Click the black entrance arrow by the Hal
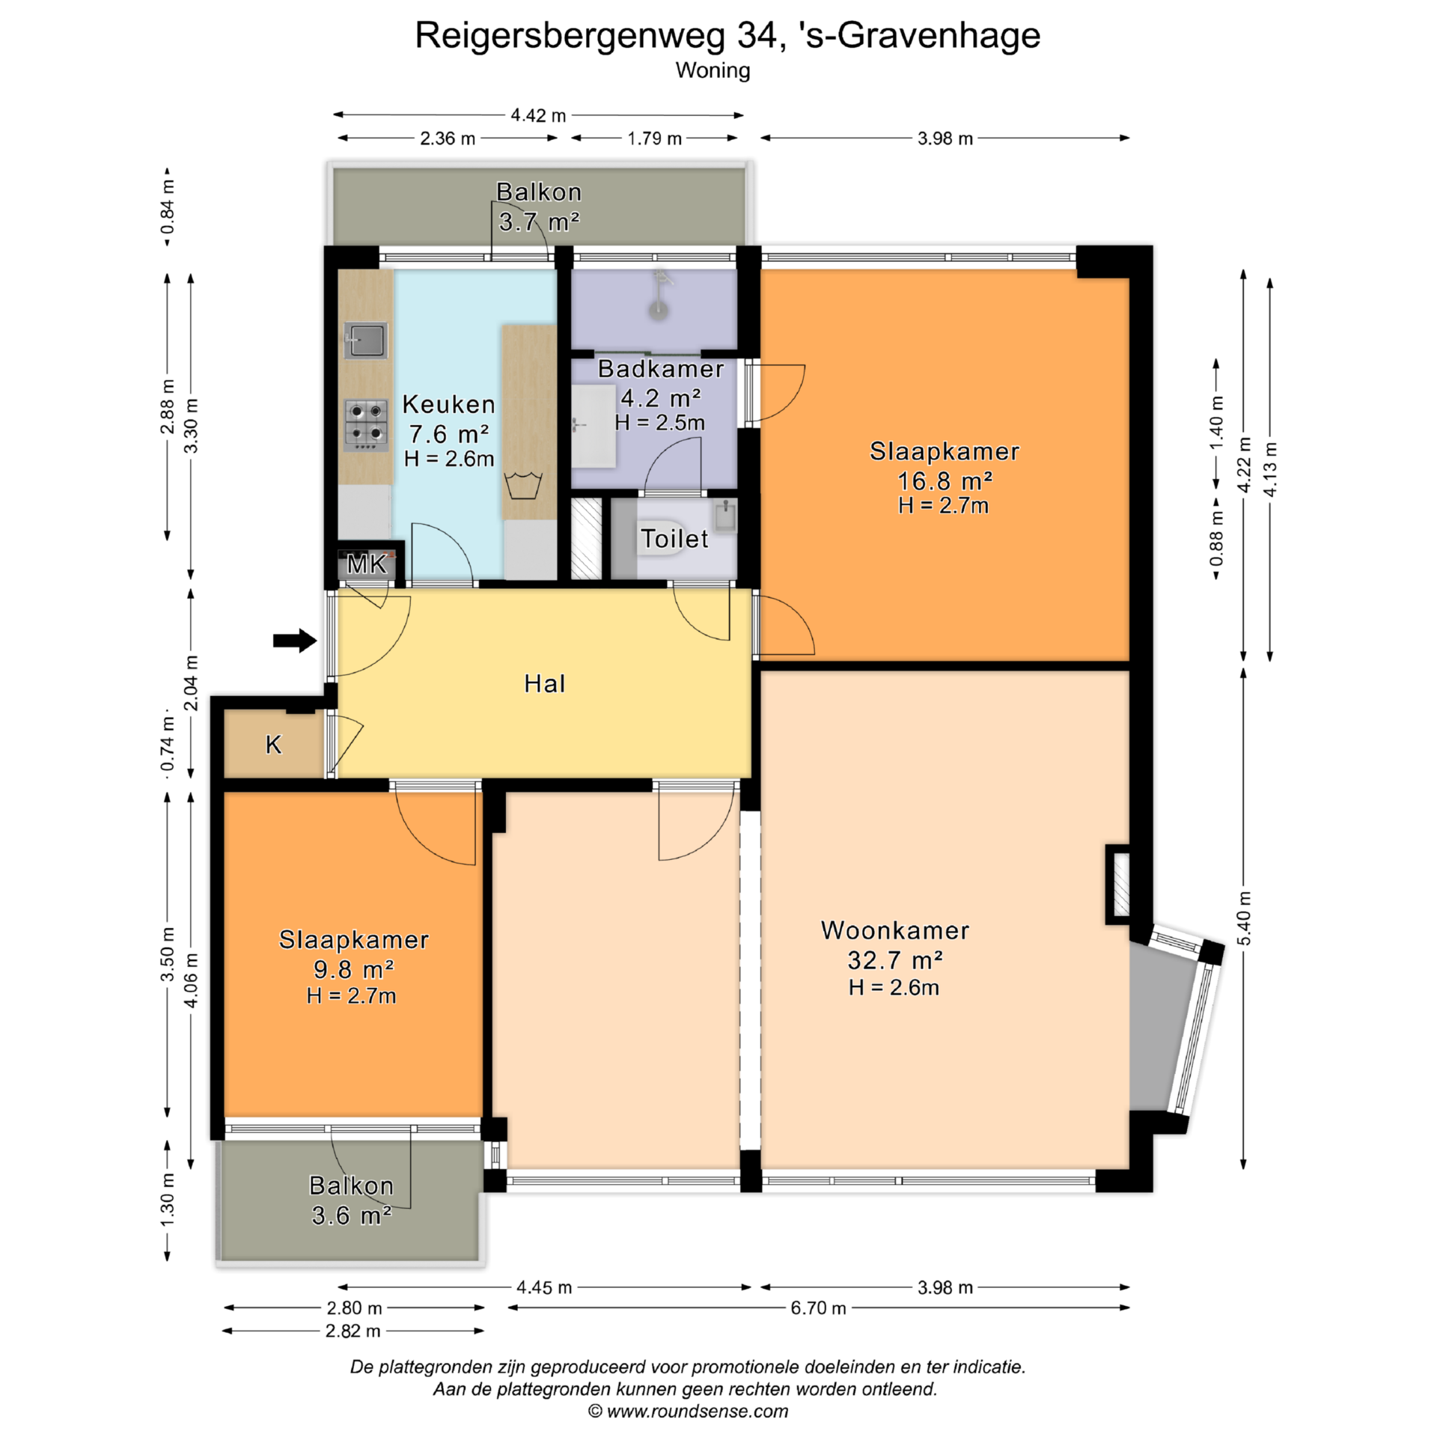(295, 640)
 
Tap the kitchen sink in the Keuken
(366, 341)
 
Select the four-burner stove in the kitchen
(366, 425)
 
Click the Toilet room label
(674, 539)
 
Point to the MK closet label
(367, 564)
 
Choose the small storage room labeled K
(274, 743)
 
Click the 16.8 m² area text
(945, 480)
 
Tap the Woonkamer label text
(895, 930)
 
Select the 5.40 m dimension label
(1244, 918)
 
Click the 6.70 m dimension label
(818, 1308)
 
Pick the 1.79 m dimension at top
(654, 138)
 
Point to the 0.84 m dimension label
(168, 207)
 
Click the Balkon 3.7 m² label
(539, 207)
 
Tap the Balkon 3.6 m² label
(351, 1200)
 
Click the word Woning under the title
(713, 70)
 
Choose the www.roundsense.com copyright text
(688, 1411)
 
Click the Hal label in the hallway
(544, 683)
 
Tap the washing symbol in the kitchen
(523, 485)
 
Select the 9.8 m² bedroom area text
(353, 969)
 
